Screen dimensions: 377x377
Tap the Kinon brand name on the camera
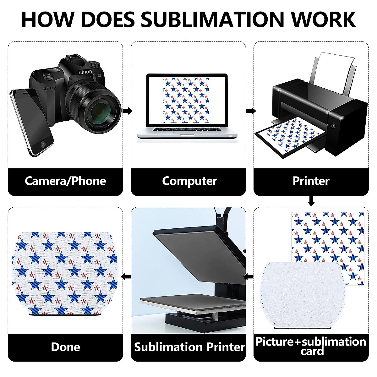click(x=85, y=72)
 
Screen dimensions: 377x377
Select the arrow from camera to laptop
click(x=128, y=111)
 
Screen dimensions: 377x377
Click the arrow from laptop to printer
click(x=251, y=111)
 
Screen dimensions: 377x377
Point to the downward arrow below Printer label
click(x=311, y=201)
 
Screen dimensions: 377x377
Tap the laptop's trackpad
click(x=187, y=133)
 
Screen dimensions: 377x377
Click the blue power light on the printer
click(x=333, y=126)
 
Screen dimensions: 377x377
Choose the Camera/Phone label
click(x=65, y=181)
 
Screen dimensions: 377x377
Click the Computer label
click(x=189, y=181)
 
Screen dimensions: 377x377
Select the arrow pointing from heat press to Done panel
click(x=126, y=277)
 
